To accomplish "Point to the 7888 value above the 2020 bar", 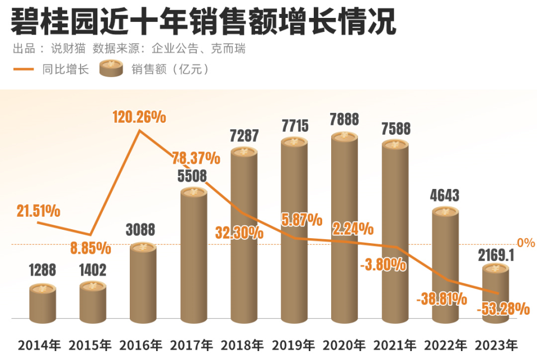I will pos(344,119).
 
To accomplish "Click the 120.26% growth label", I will pos(139,117).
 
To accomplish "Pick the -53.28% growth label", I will pos(503,308).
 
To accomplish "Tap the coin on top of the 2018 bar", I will pos(244,151).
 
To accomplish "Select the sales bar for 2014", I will pos(43,305).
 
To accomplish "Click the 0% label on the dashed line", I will pos(526,243).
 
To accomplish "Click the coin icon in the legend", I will pos(111,69).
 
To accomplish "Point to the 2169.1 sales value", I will pos(496,255).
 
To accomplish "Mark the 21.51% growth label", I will pos(39,211).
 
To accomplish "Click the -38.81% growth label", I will pos(441,299).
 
